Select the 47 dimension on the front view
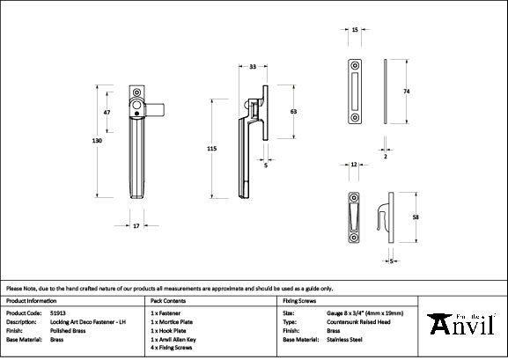pyautogui.click(x=107, y=114)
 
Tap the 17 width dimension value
pyautogui.click(x=136, y=225)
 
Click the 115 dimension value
pyautogui.click(x=211, y=149)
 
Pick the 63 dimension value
pyautogui.click(x=292, y=112)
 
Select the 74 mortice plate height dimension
pyautogui.click(x=407, y=91)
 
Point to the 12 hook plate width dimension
pyautogui.click(x=353, y=165)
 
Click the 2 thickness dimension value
pyautogui.click(x=385, y=155)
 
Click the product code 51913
pyautogui.click(x=57, y=312)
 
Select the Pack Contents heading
pyautogui.click(x=168, y=300)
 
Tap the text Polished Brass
pyautogui.click(x=69, y=330)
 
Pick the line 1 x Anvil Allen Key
pyautogui.click(x=179, y=339)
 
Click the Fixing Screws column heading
pyautogui.click(x=299, y=300)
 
